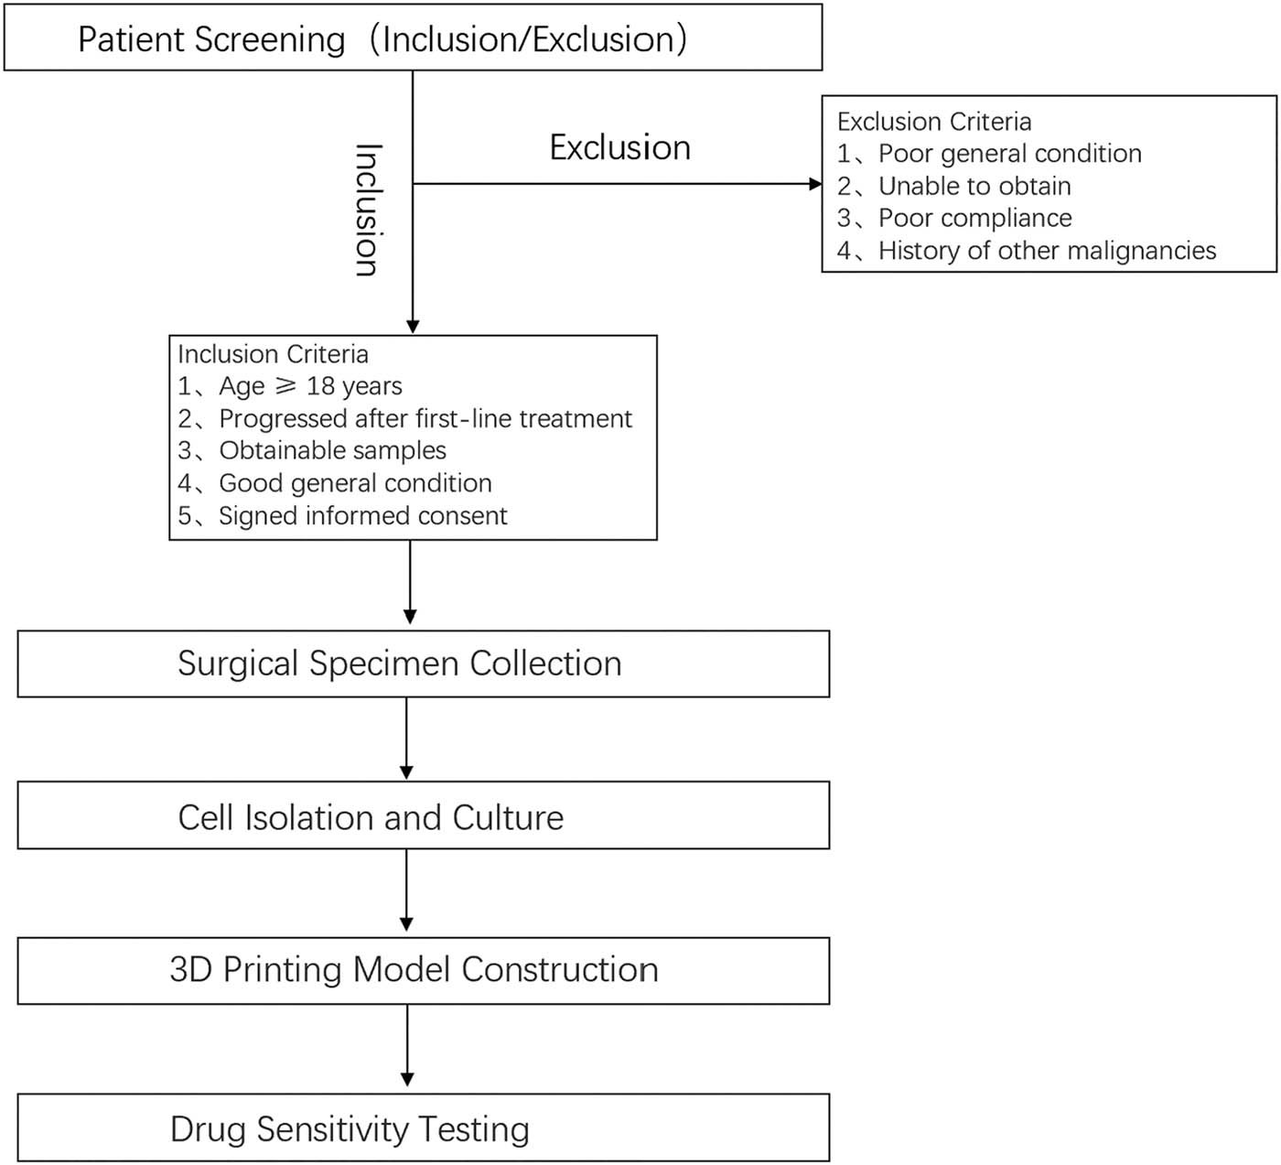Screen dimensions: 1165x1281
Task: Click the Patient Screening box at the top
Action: (x=413, y=38)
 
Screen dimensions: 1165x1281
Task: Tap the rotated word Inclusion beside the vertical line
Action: (x=366, y=210)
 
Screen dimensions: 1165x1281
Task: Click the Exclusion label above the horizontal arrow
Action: (x=619, y=147)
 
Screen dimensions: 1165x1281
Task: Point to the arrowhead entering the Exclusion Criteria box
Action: (x=815, y=184)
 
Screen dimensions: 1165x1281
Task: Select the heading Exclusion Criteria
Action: (x=933, y=122)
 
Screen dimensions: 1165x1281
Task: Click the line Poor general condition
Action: (x=1009, y=154)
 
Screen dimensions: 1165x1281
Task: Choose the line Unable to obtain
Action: (x=974, y=186)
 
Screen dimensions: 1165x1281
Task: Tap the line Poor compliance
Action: (x=974, y=218)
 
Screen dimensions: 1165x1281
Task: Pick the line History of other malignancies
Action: (x=1047, y=251)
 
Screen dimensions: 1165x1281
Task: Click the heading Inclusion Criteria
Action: (x=273, y=354)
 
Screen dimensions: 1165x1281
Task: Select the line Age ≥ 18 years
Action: (x=309, y=386)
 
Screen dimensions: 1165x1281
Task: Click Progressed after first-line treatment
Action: (x=425, y=418)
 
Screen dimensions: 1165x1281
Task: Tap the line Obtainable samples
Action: (x=332, y=450)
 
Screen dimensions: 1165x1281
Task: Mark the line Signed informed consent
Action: (x=362, y=516)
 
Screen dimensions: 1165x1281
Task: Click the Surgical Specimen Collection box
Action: (x=423, y=663)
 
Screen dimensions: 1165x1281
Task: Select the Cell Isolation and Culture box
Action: (x=423, y=816)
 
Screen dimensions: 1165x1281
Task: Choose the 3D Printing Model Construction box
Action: (x=423, y=970)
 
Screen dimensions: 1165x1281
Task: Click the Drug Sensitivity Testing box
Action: (x=423, y=1128)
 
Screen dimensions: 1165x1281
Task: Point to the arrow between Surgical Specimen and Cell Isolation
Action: (x=407, y=739)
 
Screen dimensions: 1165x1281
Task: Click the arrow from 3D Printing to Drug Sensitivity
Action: (x=407, y=1047)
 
